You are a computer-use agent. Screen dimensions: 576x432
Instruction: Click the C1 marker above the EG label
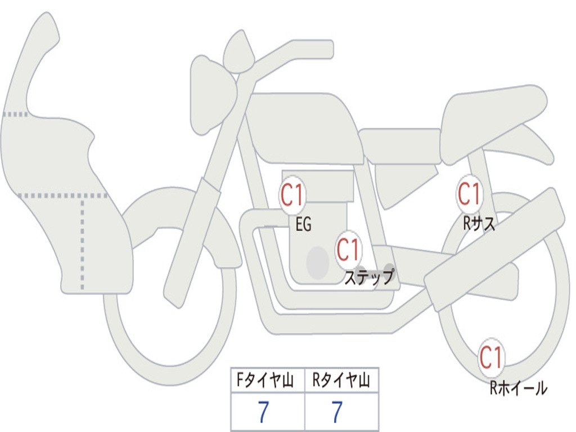(x=292, y=195)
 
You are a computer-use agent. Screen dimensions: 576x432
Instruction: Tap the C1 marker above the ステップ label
(x=348, y=250)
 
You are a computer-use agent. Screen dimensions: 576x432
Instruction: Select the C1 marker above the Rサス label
(x=469, y=193)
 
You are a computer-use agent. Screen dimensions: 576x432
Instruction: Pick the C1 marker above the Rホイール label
(x=490, y=357)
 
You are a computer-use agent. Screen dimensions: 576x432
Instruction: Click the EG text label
(x=303, y=224)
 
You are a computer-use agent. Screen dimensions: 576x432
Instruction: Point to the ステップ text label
(x=369, y=277)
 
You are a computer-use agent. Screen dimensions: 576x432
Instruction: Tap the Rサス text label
(x=479, y=223)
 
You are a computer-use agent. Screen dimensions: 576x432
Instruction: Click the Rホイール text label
(x=519, y=388)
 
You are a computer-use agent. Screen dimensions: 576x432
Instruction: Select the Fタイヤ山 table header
(x=265, y=380)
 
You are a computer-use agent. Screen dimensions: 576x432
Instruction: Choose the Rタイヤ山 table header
(x=341, y=380)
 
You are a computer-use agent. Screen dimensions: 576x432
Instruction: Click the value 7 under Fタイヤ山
(x=263, y=412)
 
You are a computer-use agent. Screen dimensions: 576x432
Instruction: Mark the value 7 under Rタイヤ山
(x=337, y=412)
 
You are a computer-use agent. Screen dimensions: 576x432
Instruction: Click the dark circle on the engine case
(x=318, y=263)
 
